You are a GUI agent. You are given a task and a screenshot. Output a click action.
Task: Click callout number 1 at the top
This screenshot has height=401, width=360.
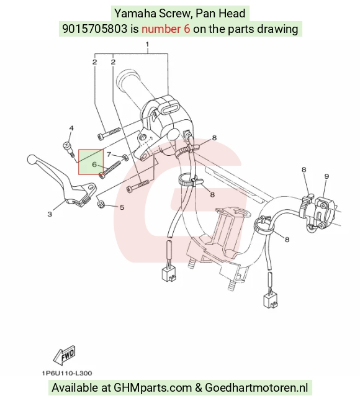click(x=147, y=44)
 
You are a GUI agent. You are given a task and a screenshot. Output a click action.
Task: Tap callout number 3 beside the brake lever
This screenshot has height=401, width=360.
click(x=50, y=214)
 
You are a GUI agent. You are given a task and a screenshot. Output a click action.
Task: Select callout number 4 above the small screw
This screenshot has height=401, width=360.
click(x=71, y=128)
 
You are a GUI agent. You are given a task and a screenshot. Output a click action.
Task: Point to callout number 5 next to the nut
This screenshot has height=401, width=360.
click(x=122, y=207)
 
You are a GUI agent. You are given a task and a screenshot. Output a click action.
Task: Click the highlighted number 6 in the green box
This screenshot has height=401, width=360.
click(x=94, y=164)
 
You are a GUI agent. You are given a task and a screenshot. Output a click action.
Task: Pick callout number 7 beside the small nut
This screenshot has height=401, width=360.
click(x=109, y=154)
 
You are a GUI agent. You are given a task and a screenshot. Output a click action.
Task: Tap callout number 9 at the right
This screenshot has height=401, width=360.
click(x=326, y=176)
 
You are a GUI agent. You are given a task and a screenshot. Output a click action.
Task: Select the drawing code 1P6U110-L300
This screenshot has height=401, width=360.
click(x=67, y=373)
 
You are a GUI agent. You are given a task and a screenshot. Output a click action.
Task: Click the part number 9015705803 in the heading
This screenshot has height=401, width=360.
click(x=94, y=29)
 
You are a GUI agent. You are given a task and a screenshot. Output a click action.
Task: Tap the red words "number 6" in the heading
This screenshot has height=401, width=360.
click(x=166, y=29)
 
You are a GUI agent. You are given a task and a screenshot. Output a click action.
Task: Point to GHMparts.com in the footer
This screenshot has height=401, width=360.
click(x=153, y=388)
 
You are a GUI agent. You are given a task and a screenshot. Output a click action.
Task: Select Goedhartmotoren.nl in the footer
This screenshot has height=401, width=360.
click(x=256, y=388)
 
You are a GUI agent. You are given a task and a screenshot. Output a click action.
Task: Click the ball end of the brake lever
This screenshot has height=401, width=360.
click(x=31, y=160)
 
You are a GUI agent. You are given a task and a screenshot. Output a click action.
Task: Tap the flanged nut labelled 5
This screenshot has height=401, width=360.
click(x=100, y=204)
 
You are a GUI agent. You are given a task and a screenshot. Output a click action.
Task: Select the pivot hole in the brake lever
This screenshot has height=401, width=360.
click(x=90, y=187)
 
